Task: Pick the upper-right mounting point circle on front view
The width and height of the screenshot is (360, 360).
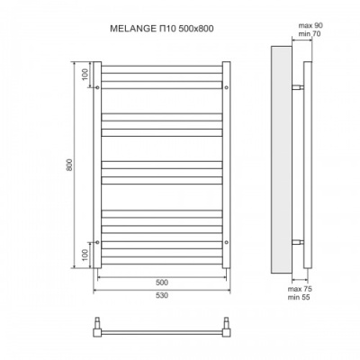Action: click(228, 87)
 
